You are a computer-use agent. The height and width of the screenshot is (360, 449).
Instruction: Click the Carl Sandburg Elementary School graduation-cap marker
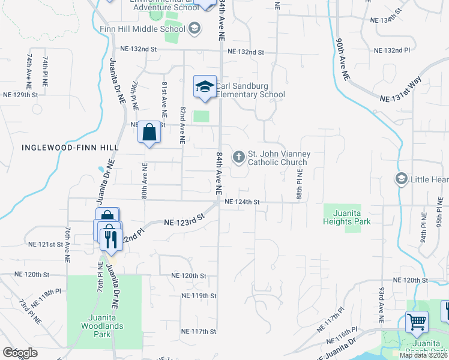(x=205, y=86)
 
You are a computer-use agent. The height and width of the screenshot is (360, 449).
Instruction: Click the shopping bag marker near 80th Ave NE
(x=149, y=133)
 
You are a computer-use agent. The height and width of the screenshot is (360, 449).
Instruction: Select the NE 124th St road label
(x=242, y=202)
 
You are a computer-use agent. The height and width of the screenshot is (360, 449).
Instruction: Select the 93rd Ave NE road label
(x=381, y=302)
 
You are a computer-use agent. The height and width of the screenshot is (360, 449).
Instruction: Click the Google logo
(x=20, y=353)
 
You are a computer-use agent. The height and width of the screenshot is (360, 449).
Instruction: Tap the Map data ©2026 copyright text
(x=424, y=355)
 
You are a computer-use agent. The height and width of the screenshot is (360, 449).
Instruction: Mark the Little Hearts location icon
(x=400, y=179)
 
